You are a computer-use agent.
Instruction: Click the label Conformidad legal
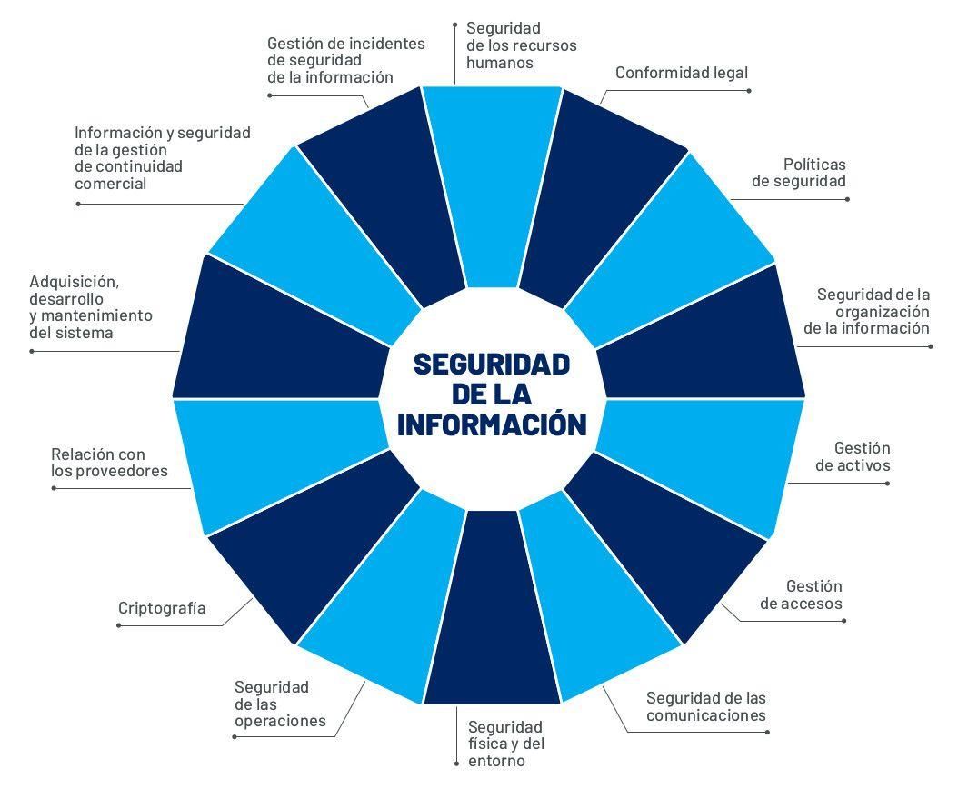681,73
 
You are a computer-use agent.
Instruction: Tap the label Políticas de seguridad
799,173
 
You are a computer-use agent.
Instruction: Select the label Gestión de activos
853,457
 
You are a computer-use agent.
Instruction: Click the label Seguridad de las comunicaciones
706,706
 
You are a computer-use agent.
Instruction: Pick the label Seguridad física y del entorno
505,743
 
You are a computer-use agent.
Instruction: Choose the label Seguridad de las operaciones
279,704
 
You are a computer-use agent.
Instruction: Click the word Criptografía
162,608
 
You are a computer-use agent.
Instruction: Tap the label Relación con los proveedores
109,463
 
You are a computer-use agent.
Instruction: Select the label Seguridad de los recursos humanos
521,45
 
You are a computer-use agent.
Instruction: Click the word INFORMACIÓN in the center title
492,424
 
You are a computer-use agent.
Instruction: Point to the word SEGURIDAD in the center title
492,364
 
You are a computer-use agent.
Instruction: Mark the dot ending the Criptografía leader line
119,625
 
